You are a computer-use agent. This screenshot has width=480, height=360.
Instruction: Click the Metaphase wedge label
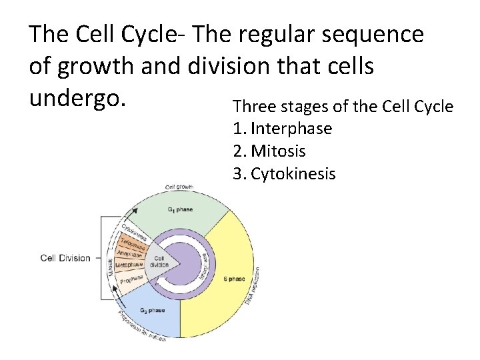click(x=129, y=265)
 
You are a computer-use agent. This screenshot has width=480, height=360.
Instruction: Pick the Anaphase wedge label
click(x=131, y=253)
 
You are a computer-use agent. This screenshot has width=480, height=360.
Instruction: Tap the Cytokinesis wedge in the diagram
click(x=135, y=229)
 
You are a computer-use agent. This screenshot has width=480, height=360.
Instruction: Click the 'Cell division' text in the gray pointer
click(x=160, y=261)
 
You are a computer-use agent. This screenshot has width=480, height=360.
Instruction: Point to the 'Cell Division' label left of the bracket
click(x=65, y=258)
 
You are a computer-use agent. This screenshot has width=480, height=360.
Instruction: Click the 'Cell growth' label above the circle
click(x=179, y=187)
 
